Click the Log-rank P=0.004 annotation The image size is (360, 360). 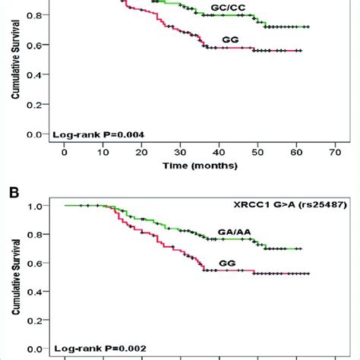99,134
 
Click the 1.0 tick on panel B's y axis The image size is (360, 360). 35,206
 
